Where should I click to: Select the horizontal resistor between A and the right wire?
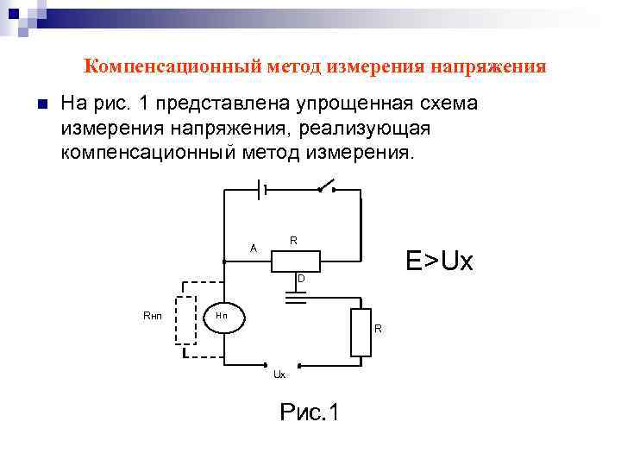(x=296, y=261)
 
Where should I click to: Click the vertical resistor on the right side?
(x=361, y=332)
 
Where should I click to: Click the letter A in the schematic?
(x=253, y=249)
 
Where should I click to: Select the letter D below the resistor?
(x=300, y=279)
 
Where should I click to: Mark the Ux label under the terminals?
(x=279, y=375)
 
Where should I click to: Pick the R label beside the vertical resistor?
(x=378, y=329)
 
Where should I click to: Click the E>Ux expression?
(x=439, y=260)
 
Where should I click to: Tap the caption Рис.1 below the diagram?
(x=310, y=412)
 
